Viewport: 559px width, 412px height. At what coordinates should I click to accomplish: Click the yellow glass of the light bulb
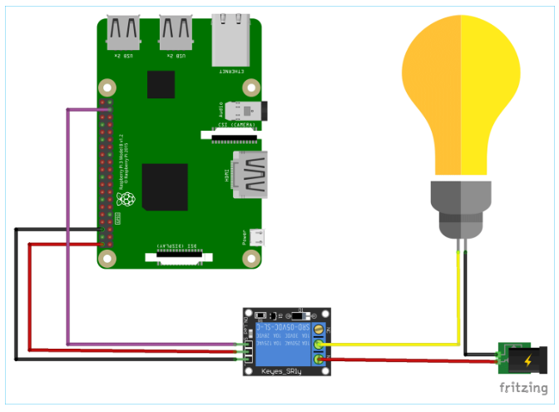[x=461, y=92]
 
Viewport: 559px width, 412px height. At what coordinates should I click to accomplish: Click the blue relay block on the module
[x=283, y=342]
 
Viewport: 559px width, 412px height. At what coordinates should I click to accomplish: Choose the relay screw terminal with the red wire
[x=318, y=359]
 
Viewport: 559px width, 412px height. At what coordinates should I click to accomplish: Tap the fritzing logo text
[x=523, y=388]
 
